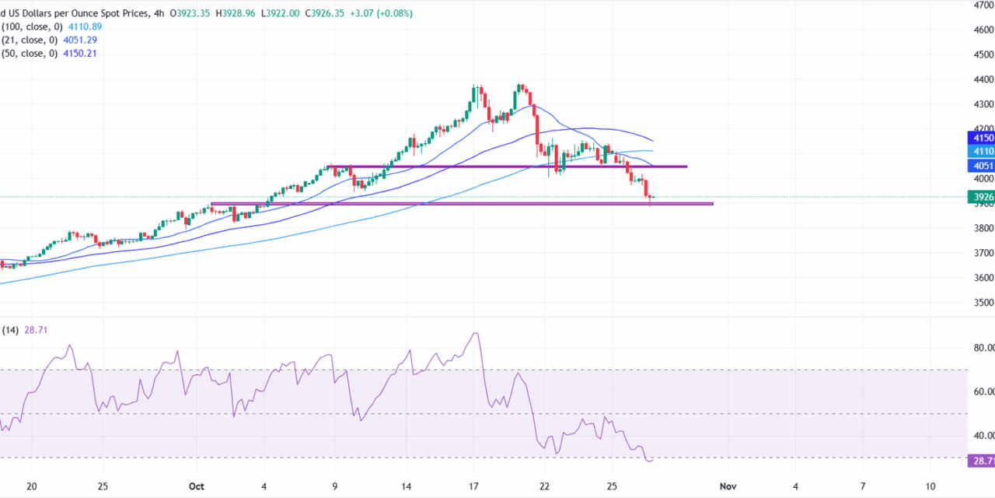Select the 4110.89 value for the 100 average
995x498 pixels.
pos(86,26)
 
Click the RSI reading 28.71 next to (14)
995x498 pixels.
pos(37,330)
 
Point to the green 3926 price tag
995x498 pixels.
pos(981,198)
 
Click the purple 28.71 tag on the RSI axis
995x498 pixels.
pos(981,461)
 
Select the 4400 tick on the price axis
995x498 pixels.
pos(983,79)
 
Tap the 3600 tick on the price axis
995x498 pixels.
pos(983,278)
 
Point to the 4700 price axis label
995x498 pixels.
pos(983,5)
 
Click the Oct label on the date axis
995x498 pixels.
pos(196,486)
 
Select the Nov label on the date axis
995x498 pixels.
pos(728,486)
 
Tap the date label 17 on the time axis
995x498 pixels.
pos(473,486)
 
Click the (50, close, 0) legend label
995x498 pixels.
pos(30,53)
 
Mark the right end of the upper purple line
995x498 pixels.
pos(686,167)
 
